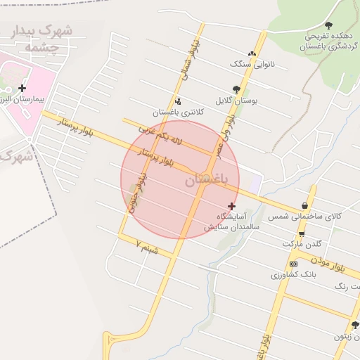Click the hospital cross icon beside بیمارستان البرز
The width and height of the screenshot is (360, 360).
tap(22, 89)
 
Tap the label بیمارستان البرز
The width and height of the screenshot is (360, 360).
tap(22, 100)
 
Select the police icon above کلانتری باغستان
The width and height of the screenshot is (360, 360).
tap(177, 101)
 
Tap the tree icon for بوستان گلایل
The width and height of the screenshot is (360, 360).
tap(236, 89)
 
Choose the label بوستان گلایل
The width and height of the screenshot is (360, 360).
tap(236, 101)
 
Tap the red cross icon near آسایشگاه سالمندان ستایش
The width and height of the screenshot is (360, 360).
tap(231, 206)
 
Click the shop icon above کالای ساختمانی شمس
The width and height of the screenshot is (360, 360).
tap(304, 205)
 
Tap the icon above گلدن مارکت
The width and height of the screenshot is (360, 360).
tap(302, 234)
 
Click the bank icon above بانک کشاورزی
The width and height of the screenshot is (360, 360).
tap(293, 263)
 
